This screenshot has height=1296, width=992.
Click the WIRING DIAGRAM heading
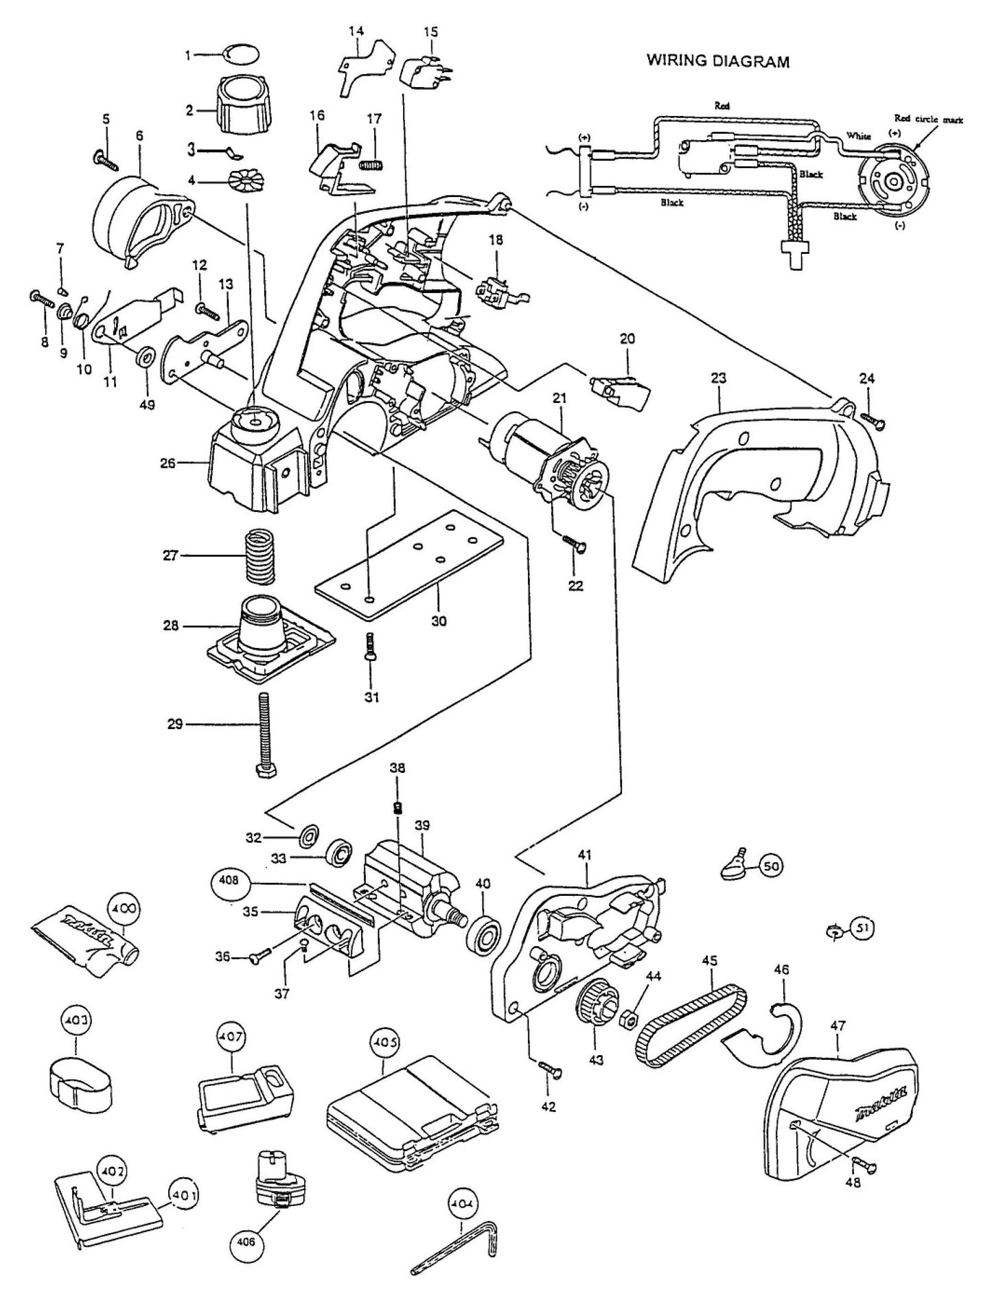tap(718, 62)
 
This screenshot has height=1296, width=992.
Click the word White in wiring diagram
tap(858, 136)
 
